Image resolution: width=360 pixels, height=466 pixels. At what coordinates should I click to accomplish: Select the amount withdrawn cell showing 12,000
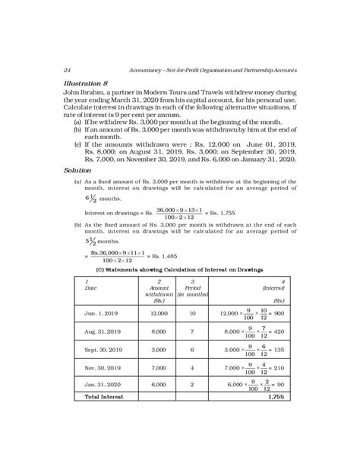click(159, 312)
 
